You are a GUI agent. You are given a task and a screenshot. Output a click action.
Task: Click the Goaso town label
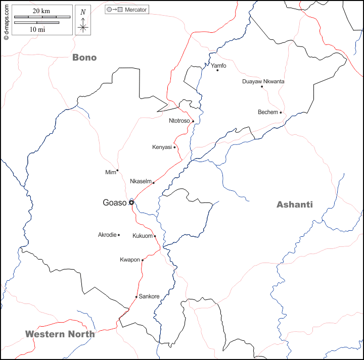click(x=114, y=203)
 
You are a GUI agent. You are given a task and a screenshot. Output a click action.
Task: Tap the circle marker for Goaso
click(x=131, y=202)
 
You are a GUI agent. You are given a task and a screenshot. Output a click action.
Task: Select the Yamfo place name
click(x=218, y=66)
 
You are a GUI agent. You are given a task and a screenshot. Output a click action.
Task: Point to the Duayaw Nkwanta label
click(x=263, y=81)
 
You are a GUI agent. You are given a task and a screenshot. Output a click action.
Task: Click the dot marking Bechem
click(x=281, y=113)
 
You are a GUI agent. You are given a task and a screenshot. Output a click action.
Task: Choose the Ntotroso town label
click(x=179, y=121)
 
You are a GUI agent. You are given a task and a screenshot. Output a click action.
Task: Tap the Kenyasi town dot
click(x=174, y=147)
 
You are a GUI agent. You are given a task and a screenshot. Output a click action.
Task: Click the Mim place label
click(x=110, y=173)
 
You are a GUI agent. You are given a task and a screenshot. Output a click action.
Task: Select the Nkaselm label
click(x=141, y=181)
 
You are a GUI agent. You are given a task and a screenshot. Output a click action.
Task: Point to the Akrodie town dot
click(x=118, y=235)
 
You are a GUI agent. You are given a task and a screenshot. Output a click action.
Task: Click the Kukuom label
click(x=142, y=236)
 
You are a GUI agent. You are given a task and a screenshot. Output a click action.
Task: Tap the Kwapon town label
click(x=129, y=260)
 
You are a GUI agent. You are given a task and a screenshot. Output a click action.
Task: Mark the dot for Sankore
click(x=136, y=297)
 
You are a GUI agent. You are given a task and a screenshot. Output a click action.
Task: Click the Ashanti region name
click(x=294, y=204)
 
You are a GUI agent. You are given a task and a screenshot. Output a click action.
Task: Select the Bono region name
click(x=84, y=58)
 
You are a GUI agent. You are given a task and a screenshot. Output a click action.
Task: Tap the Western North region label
click(x=60, y=334)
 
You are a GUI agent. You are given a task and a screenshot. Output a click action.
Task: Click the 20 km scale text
click(x=41, y=11)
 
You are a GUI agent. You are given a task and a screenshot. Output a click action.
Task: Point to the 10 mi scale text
click(x=37, y=30)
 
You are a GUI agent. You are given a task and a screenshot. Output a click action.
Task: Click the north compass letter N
click(x=83, y=12)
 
